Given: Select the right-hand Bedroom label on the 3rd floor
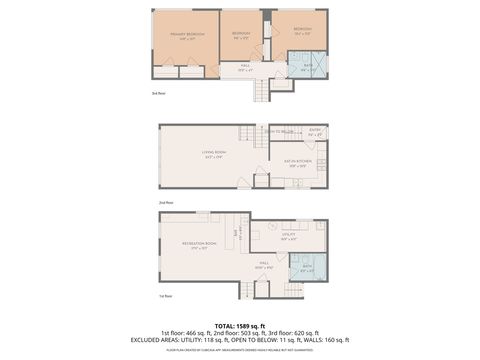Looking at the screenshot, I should [301, 31].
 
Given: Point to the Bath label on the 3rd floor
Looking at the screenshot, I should [307, 66].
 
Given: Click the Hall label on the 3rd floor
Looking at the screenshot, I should [244, 69].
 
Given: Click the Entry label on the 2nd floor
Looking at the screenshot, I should [314, 130].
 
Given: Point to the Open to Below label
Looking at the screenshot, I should [279, 131].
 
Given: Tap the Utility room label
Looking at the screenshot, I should [288, 238].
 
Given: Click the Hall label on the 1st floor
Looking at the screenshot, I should [264, 267].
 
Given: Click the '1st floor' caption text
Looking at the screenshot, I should [165, 297].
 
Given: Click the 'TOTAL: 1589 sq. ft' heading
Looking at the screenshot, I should [240, 325].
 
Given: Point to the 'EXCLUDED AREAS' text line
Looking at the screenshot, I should [240, 339].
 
